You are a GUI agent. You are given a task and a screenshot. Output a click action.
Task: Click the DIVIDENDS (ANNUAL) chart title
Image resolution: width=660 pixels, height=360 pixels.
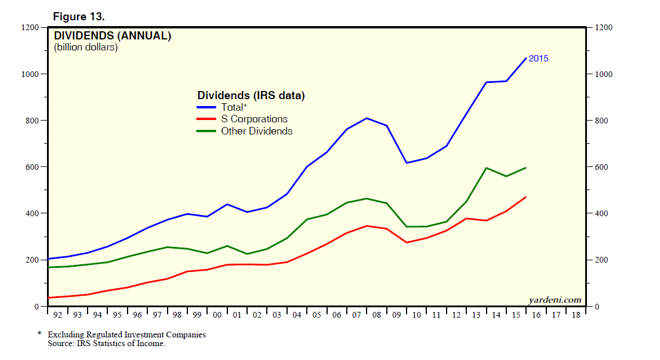(113, 36)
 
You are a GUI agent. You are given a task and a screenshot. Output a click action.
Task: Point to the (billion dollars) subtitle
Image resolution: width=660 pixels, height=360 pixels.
(86, 48)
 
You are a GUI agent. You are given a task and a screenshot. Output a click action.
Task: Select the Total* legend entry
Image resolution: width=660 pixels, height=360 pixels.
(234, 107)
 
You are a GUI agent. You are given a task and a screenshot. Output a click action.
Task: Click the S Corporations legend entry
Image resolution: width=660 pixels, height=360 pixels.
(254, 119)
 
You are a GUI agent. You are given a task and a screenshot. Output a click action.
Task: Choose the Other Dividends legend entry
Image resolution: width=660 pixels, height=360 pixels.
(256, 131)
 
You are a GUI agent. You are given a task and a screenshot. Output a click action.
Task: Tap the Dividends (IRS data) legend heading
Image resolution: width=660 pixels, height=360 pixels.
(251, 96)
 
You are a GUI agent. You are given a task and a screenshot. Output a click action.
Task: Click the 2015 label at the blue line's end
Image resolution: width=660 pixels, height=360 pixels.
(538, 59)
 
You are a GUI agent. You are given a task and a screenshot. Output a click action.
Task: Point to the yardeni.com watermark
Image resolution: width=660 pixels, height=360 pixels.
(554, 300)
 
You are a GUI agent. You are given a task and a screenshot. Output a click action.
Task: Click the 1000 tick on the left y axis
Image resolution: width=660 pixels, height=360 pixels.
(31, 74)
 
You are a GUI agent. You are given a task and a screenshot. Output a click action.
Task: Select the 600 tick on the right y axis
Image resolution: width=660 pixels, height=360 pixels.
(601, 167)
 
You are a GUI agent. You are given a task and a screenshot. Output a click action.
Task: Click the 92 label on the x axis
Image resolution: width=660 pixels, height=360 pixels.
(57, 315)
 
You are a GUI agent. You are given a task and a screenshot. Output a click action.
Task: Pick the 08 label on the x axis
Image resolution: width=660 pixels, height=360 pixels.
(376, 315)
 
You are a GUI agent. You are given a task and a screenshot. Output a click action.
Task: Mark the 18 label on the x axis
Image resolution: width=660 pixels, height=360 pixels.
(576, 315)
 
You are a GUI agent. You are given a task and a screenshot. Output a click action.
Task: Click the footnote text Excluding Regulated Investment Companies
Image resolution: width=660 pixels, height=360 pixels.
(126, 334)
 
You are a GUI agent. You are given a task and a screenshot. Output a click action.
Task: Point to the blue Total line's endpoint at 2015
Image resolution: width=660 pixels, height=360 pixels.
(526, 58)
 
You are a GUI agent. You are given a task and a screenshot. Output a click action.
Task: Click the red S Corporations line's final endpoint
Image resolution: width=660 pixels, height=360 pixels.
(526, 197)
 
